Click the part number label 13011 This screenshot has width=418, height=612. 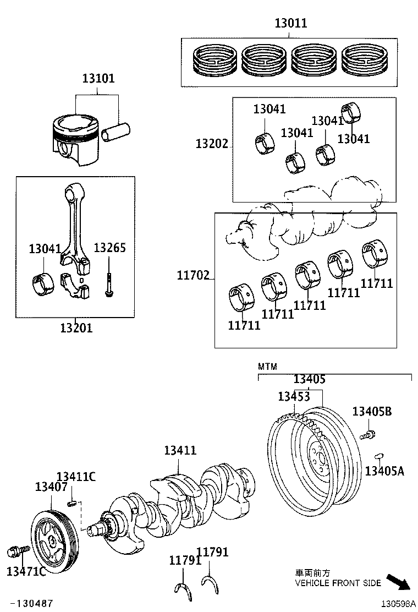click(291, 23)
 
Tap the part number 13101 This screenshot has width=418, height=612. click(98, 79)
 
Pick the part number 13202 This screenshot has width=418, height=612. click(211, 144)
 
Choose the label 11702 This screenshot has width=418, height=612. click(193, 275)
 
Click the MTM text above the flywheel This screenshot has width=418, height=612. click(267, 367)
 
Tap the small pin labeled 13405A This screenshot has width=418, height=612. click(378, 455)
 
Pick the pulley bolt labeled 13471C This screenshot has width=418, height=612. click(15, 551)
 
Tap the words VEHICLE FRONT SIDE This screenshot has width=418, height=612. click(338, 583)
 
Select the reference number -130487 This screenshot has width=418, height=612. click(32, 604)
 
